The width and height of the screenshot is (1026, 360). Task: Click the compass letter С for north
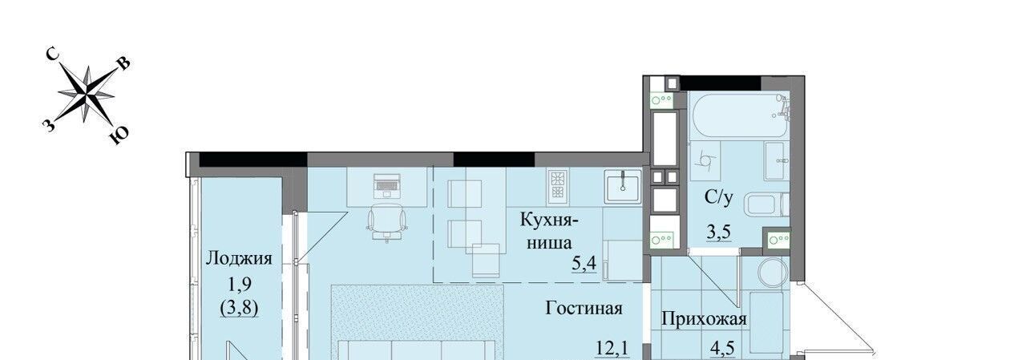pyautogui.click(x=53, y=55)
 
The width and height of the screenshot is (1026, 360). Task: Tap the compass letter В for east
pyautogui.click(x=124, y=63)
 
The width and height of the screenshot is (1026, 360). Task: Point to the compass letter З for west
pyautogui.click(x=49, y=124)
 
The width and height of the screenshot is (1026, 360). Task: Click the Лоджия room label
pyautogui.click(x=239, y=258)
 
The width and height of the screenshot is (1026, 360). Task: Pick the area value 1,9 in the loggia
pyautogui.click(x=240, y=285)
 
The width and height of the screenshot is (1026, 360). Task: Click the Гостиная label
pyautogui.click(x=584, y=308)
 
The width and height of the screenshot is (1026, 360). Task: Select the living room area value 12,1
pyautogui.click(x=612, y=348)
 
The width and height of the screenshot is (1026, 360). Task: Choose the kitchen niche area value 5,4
pyautogui.click(x=584, y=263)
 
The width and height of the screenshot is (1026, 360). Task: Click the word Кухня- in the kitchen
pyautogui.click(x=549, y=220)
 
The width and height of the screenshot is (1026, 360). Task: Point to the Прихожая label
pyautogui.click(x=704, y=319)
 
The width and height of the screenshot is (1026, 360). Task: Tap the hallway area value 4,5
pyautogui.click(x=722, y=348)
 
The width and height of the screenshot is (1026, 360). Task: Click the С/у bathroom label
pyautogui.click(x=719, y=197)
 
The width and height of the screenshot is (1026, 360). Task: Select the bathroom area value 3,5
pyautogui.click(x=718, y=233)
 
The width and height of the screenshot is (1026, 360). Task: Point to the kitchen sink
pyautogui.click(x=623, y=186)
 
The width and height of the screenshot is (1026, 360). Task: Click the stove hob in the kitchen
pyautogui.click(x=558, y=187)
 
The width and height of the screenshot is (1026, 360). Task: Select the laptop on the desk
pyautogui.click(x=387, y=185)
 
